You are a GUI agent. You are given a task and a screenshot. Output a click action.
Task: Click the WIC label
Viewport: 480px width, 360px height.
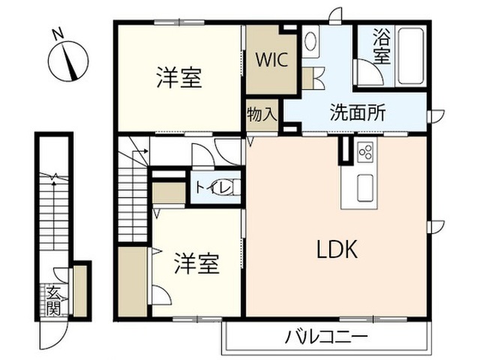point(271,60)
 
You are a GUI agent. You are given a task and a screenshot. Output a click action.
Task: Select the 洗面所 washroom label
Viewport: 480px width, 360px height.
point(358,112)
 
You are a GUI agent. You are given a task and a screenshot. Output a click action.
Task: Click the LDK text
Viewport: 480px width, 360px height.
point(337,249)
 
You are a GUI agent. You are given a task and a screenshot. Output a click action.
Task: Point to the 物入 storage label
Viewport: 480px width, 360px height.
point(262,115)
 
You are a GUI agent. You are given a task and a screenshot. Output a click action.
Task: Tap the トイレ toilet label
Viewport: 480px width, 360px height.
point(213,187)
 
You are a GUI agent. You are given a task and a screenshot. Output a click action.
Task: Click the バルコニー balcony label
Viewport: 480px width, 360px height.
point(326,337)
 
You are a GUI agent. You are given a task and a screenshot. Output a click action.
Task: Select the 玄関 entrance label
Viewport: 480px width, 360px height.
point(53,300)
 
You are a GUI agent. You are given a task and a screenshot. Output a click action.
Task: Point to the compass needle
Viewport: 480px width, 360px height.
point(69,61)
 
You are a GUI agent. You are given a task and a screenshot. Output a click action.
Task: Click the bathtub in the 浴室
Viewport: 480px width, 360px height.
point(410,56)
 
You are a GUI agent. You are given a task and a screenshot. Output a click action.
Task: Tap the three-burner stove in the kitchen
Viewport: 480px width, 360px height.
point(365,151)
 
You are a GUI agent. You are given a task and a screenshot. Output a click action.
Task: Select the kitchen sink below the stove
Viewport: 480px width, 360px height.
point(365,187)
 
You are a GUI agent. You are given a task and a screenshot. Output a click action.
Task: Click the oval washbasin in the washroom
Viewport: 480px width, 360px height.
point(310,41)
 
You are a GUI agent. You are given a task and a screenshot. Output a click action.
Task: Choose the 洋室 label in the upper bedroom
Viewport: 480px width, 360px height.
point(179,78)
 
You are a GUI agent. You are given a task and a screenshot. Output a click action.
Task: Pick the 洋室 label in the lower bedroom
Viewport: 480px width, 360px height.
point(196,263)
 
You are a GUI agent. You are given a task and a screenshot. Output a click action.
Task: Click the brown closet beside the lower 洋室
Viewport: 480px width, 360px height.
point(133,282)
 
